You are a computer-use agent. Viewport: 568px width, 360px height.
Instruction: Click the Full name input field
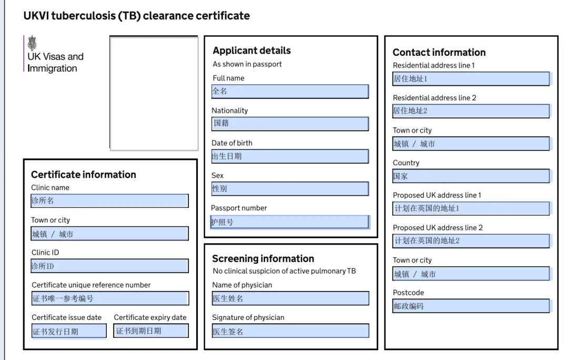click(290, 92)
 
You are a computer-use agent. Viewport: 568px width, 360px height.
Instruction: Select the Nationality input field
click(290, 124)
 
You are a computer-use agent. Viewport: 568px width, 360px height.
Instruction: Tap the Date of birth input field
click(290, 156)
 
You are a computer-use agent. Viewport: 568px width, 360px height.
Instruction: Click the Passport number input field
click(290, 222)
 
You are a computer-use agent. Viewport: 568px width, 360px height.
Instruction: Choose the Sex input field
click(290, 188)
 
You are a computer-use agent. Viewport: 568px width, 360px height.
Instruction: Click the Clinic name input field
click(110, 201)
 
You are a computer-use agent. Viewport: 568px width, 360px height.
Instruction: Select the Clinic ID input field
click(110, 266)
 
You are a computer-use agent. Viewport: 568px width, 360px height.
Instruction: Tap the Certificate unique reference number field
click(110, 298)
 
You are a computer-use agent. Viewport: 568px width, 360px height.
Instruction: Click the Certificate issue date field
click(69, 331)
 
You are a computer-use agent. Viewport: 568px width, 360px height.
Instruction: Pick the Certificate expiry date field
click(151, 331)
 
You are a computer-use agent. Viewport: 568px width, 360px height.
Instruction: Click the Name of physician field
click(290, 298)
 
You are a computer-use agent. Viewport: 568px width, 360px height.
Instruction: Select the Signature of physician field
click(290, 331)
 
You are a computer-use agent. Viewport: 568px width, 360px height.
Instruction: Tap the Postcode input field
click(471, 306)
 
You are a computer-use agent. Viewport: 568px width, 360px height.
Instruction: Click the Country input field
click(471, 176)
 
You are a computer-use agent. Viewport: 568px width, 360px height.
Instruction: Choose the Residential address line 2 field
click(471, 111)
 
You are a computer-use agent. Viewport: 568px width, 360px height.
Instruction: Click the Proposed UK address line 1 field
click(471, 208)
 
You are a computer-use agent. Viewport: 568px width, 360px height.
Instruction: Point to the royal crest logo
click(32, 43)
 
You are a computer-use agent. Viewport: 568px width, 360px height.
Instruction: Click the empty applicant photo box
click(154, 93)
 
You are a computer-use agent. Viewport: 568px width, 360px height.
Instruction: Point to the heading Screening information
click(263, 258)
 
